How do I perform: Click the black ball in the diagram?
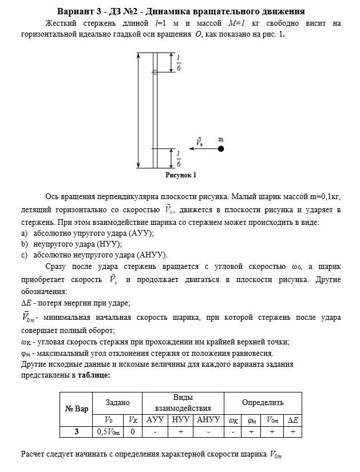[x=221, y=149]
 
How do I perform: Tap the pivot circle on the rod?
[x=155, y=72]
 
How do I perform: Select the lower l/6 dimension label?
[x=178, y=158]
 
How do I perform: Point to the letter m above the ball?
[x=221, y=139]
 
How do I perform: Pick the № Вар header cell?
[x=77, y=408]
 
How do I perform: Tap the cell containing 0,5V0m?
[x=109, y=431]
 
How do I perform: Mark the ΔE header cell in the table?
[x=292, y=420]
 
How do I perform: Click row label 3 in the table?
[x=77, y=431]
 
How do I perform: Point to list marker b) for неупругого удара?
[x=25, y=244]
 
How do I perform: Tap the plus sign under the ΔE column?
[x=292, y=431]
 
